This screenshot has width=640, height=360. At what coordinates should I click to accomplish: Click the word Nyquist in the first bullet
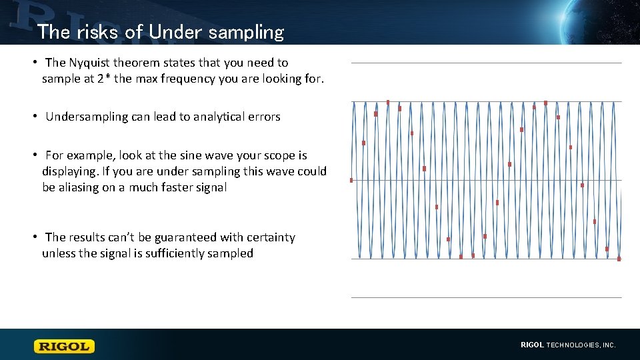[x=91, y=63]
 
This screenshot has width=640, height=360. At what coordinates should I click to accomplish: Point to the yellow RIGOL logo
[x=65, y=346]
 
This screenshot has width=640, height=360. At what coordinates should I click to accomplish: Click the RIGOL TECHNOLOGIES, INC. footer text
[x=568, y=345]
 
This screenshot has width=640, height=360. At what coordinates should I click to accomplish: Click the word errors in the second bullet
[x=263, y=117]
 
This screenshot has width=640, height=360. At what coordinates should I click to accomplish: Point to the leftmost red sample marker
[x=351, y=180]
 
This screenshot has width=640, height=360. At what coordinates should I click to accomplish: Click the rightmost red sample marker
[x=619, y=259]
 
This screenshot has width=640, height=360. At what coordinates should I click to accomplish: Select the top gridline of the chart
[x=487, y=63]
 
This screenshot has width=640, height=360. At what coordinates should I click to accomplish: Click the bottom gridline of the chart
[x=487, y=297]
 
